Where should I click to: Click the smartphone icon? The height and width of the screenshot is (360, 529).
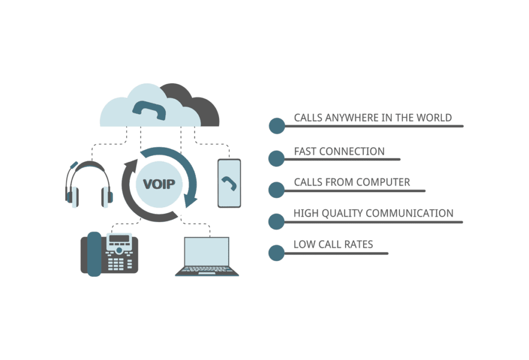coord(229,183)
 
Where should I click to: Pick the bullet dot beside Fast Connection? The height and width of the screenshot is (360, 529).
coord(277,158)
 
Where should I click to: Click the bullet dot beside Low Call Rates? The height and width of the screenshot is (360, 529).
coord(277,253)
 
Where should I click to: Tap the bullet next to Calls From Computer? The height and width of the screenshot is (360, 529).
coord(277,190)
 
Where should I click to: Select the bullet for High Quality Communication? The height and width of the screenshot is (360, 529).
coord(277,221)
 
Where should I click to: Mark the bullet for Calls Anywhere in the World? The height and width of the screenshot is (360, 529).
coord(277,126)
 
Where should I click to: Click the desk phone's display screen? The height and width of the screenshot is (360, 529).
coord(119,240)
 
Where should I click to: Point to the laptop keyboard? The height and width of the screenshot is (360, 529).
coord(207,269)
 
